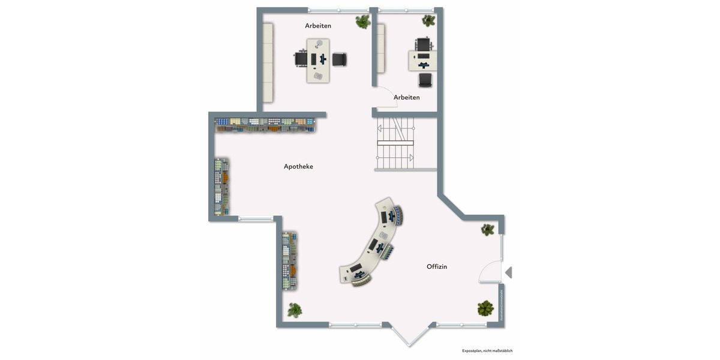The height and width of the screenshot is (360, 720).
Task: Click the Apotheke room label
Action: tap(298, 166)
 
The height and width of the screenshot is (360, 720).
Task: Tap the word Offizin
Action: tap(437, 266)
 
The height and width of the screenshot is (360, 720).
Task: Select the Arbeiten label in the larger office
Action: tap(318, 26)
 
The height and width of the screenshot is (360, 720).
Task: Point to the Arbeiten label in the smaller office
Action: tap(406, 97)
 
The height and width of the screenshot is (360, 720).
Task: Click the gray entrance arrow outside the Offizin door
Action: tap(508, 273)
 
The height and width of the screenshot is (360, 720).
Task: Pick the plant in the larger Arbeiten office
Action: tap(363, 22)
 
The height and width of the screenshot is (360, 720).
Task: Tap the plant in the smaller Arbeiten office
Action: tap(428, 20)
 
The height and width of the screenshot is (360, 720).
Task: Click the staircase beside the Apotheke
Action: tap(395, 144)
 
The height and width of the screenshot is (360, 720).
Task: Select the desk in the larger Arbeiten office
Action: tap(318, 60)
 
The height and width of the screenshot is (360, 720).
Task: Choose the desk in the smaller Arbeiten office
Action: tap(424, 61)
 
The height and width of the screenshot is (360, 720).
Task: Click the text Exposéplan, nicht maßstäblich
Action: tap(487, 350)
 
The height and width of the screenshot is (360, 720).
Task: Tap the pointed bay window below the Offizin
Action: tap(409, 335)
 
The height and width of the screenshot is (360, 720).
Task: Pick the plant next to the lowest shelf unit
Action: tap(294, 310)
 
